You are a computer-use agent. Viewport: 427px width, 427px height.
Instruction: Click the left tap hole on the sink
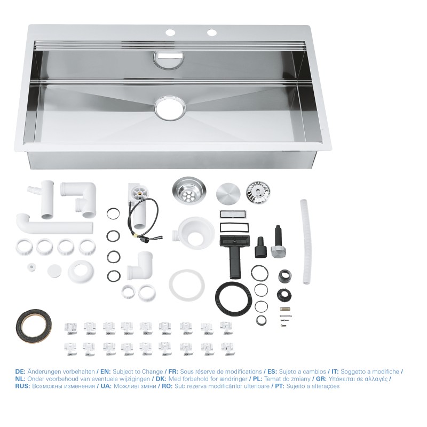click(170, 33)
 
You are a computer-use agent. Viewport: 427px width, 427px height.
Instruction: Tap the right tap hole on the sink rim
click(212, 33)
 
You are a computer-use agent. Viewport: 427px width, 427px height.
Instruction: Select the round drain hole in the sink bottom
click(170, 107)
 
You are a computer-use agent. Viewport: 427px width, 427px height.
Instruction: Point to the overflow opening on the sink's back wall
click(169, 58)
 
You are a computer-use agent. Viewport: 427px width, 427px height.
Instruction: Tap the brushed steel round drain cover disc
click(228, 193)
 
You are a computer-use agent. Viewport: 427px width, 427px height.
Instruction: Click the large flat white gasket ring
click(187, 284)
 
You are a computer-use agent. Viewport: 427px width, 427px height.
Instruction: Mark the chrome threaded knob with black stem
click(278, 243)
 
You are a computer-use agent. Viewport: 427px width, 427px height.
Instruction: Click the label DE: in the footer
click(20, 371)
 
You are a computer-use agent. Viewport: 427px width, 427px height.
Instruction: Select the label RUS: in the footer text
click(22, 385)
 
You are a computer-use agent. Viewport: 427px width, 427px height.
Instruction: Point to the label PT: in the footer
click(276, 385)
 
